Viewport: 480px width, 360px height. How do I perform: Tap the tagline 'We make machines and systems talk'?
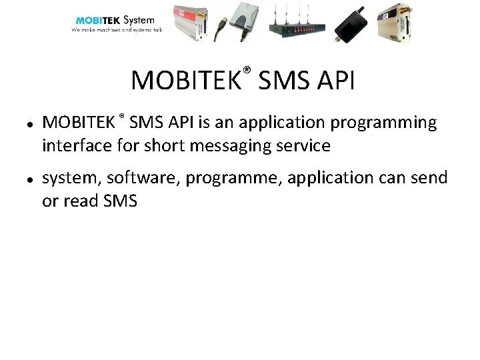[117, 30]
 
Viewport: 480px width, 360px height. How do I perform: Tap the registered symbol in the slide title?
[246, 70]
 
